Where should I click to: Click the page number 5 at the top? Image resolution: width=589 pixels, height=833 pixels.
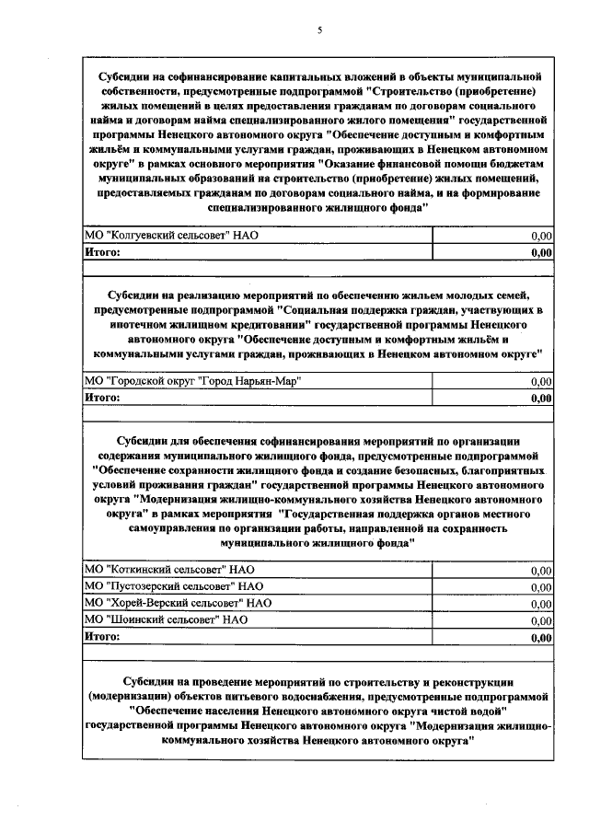(x=319, y=30)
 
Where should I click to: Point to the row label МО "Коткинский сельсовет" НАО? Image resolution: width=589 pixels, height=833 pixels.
(x=168, y=571)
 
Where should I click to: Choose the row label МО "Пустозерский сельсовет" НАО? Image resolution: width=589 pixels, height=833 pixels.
(x=174, y=586)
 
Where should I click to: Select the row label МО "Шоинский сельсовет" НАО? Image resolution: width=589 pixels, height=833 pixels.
(x=167, y=619)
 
